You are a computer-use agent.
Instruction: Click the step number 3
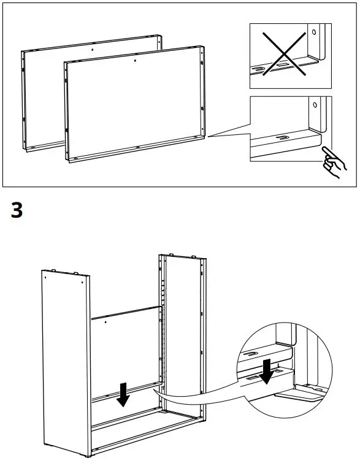[17, 210]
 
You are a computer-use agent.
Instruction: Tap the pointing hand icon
[332, 162]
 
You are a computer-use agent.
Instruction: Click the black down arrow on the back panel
[123, 394]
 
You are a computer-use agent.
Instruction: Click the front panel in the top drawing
[135, 104]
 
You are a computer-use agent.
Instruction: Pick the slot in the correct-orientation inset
[283, 139]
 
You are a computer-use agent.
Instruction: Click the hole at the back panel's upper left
[105, 321]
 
